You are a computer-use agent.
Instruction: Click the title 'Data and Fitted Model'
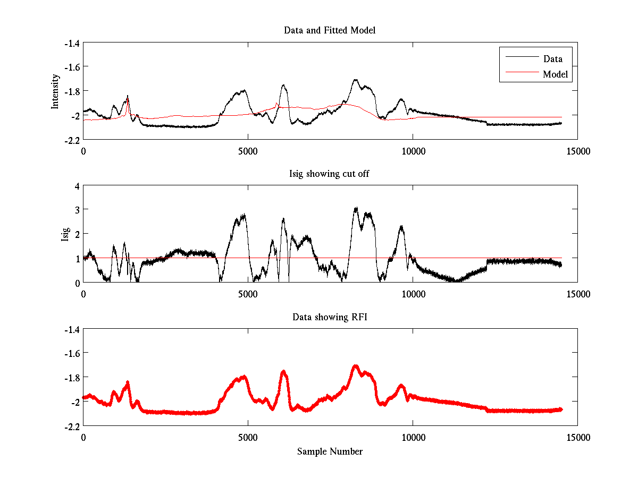[x=330, y=30]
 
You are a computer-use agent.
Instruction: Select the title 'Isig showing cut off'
[x=329, y=174]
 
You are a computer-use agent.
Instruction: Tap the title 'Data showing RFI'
[x=329, y=317]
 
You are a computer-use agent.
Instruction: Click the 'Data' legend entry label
[x=552, y=59]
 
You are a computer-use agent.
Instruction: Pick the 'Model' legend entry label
[x=555, y=74]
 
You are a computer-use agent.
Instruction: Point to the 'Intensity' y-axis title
[x=55, y=91]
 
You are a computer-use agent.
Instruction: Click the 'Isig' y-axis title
[x=65, y=234]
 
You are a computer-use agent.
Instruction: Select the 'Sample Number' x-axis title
[x=330, y=451]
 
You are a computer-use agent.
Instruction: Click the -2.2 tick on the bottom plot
[x=72, y=426]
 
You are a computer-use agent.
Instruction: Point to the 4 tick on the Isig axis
[x=77, y=186]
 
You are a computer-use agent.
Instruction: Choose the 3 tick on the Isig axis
[x=77, y=210]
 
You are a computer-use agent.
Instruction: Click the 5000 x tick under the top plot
[x=248, y=151]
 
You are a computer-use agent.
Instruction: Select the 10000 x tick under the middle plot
[x=413, y=294]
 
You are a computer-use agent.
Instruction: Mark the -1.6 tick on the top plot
[x=72, y=67]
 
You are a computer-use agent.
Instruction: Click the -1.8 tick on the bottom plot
[x=72, y=378]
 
